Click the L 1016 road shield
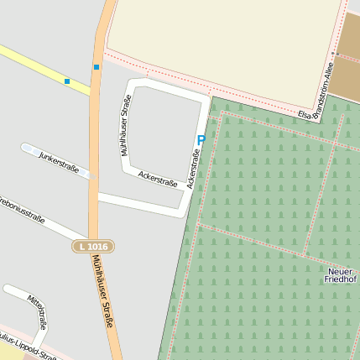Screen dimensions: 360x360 [x=92, y=246]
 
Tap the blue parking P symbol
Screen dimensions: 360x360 [x=201, y=140]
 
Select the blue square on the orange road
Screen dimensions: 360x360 [x=97, y=66]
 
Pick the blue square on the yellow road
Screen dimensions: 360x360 [x=67, y=81]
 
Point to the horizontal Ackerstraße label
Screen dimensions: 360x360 [x=158, y=179]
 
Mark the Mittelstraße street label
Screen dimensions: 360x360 [x=37, y=312]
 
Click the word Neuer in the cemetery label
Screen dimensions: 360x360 [x=339, y=270]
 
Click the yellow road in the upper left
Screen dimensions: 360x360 [x=34, y=63]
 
